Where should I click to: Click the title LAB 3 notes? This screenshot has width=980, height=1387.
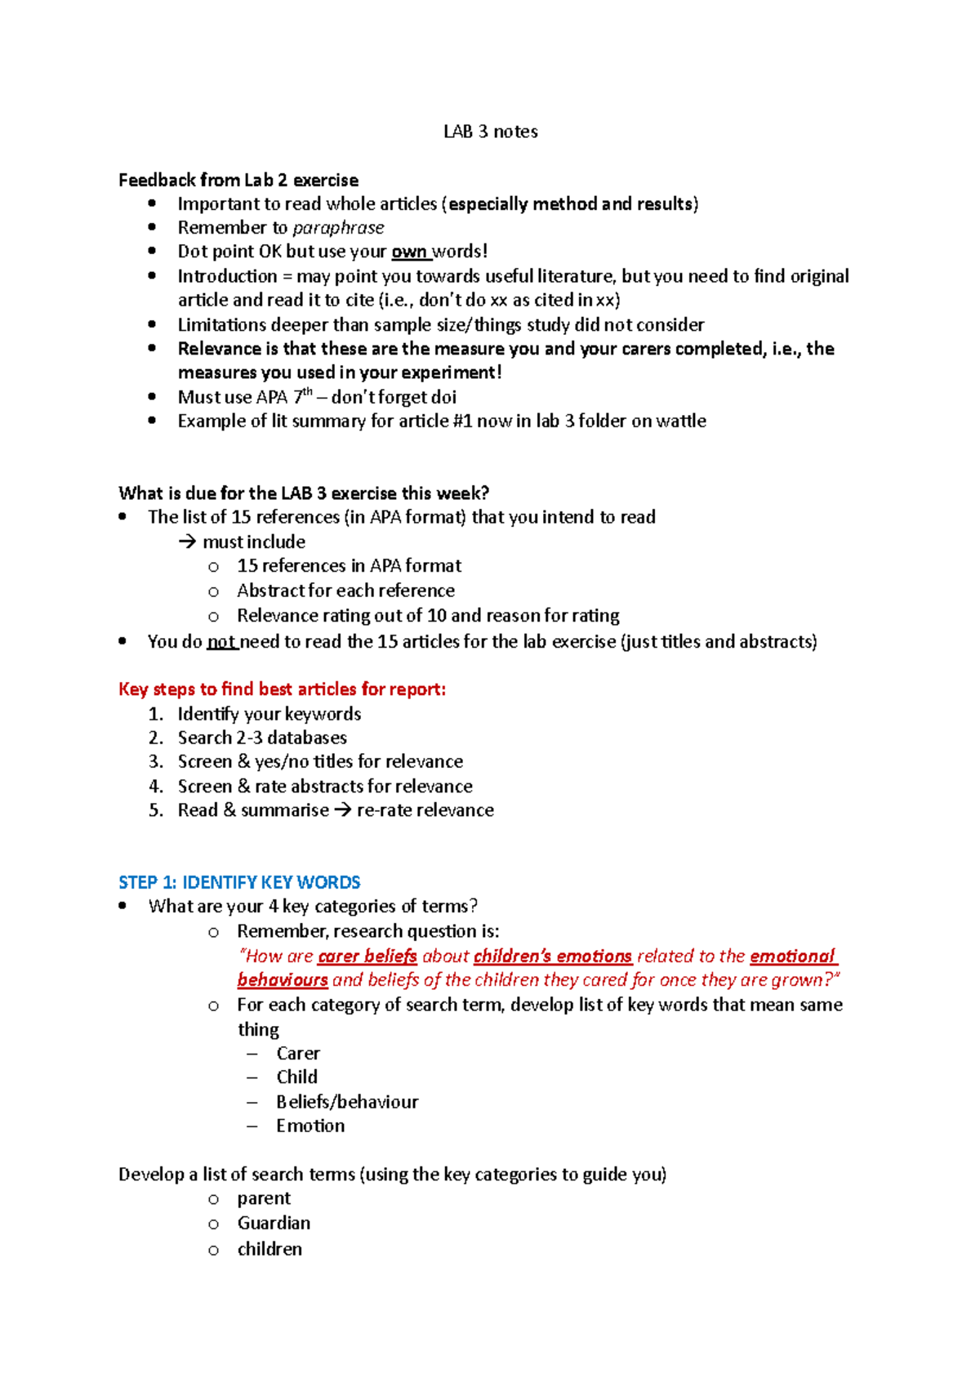(490, 132)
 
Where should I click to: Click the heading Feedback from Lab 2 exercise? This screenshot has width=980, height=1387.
(238, 180)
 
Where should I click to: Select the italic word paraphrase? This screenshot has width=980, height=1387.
(338, 228)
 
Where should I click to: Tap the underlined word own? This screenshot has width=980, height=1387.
(408, 252)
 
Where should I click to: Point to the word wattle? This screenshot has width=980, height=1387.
(679, 421)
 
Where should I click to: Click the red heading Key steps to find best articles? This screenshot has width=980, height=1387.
(282, 689)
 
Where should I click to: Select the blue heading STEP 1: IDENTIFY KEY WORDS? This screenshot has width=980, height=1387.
(239, 882)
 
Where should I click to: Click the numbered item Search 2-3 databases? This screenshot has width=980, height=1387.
(262, 738)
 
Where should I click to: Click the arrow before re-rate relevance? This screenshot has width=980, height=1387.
(342, 810)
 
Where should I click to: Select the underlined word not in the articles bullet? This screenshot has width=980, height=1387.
(220, 642)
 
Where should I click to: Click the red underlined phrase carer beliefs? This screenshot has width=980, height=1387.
(367, 957)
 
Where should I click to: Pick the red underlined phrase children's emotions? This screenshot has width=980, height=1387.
(552, 957)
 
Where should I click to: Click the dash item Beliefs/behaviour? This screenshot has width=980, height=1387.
(346, 1102)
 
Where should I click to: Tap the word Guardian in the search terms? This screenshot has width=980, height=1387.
(274, 1223)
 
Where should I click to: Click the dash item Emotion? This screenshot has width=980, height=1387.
(310, 1126)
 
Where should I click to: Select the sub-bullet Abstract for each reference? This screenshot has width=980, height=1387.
(345, 591)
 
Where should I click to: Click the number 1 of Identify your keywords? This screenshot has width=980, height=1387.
(155, 714)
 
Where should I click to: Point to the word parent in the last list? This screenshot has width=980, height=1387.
(264, 1198)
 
